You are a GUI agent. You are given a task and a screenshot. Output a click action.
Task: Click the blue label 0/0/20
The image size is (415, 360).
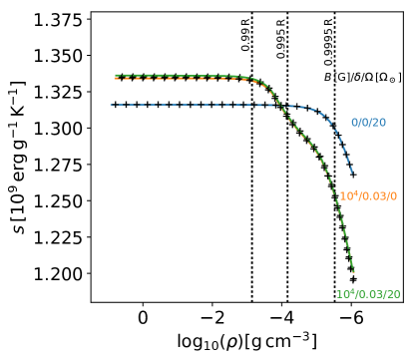(x=368, y=123)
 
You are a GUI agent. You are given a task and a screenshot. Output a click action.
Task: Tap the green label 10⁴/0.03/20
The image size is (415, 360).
(x=367, y=294)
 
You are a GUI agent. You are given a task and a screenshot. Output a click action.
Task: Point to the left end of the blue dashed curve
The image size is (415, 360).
(x=111, y=105)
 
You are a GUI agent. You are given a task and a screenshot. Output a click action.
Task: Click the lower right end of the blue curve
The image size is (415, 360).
(x=352, y=173)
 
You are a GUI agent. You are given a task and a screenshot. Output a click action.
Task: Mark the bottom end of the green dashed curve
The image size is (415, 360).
(x=353, y=271)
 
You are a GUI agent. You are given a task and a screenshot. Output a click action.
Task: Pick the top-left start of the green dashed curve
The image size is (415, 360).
(x=116, y=75)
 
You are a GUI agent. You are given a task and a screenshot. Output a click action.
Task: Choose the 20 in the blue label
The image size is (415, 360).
(x=379, y=123)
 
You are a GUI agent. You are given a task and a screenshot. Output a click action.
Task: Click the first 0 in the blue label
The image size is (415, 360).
(x=354, y=123)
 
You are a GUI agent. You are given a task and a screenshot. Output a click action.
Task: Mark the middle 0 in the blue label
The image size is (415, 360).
(x=364, y=123)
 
